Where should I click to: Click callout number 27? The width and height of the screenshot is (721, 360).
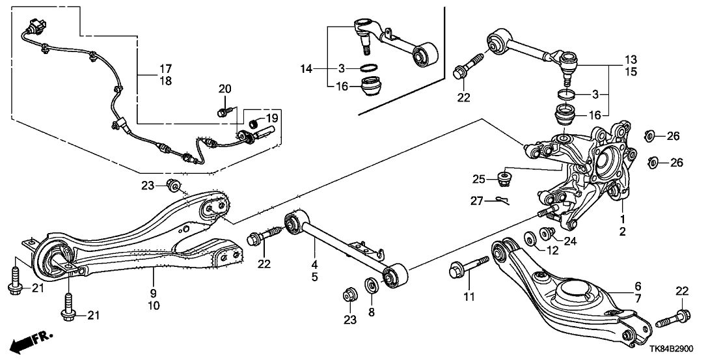pos(477,202)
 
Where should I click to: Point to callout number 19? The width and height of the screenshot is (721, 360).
pos(272,118)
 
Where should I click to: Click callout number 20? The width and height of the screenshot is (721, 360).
pos(224,89)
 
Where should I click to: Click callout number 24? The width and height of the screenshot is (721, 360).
pos(570,242)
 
